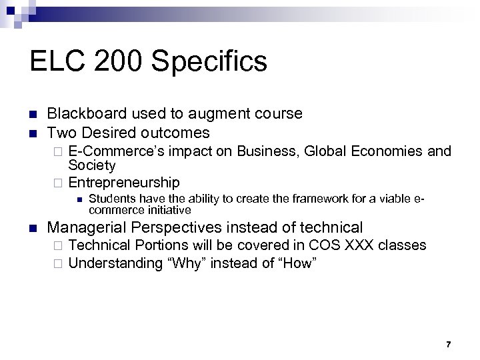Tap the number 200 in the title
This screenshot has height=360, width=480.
(105, 61)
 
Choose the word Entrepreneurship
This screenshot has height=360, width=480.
(124, 182)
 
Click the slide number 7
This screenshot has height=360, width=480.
(448, 344)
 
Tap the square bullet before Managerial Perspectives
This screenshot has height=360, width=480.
(34, 228)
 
